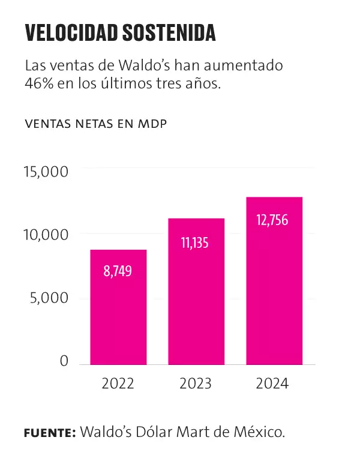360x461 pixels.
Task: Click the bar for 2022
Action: coord(118,307)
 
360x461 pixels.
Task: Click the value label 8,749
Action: coord(118,271)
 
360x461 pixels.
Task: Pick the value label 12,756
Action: coord(274,220)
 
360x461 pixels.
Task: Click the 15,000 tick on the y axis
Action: coord(46,172)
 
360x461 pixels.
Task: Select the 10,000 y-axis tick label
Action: coord(46,235)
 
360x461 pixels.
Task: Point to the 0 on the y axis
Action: coord(65,361)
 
